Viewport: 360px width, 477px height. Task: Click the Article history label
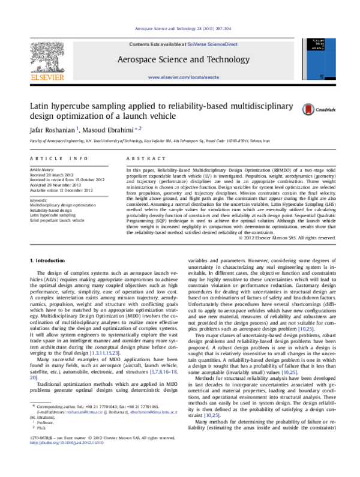[43, 170]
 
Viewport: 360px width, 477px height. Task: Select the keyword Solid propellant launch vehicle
[58, 220]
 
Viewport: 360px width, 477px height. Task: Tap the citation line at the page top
[180, 29]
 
